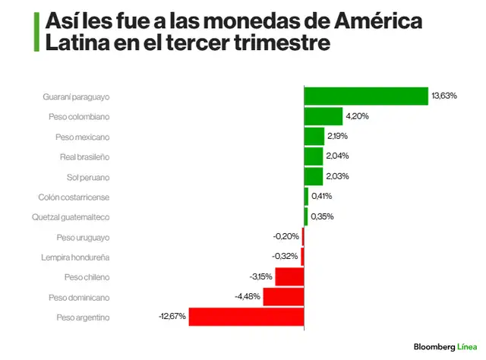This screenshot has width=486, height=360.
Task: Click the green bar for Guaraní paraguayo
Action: pos(366,96)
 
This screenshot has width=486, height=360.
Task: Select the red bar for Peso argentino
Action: pos(246,317)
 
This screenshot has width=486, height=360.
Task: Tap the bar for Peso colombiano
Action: pos(323,116)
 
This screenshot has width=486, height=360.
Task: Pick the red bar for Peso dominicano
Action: pos(283,297)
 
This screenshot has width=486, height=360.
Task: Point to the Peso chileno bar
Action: pos(289,276)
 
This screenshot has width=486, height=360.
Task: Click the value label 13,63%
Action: pos(444,96)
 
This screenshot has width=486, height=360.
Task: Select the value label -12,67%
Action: pos(172,317)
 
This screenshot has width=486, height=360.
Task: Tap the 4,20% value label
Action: pos(358,116)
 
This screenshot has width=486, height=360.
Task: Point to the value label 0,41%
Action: pos(322,196)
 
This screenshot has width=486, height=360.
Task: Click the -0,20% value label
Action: pos(286,237)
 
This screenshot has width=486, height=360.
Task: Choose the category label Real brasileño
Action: pos(85,156)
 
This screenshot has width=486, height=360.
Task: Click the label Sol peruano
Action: pos(89,177)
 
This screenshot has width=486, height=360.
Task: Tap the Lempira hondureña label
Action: pos(76,257)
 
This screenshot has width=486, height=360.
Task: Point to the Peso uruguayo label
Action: pos(84,237)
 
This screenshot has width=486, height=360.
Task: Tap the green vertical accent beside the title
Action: pos(36,31)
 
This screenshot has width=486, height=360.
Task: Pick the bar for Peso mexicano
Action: pos(314,136)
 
